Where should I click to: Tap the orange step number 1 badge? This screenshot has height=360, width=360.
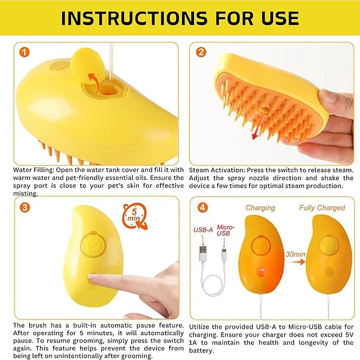24,52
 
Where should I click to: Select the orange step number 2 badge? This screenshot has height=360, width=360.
201,52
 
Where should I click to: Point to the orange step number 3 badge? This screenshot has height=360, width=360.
25,208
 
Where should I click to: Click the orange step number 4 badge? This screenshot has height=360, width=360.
203,208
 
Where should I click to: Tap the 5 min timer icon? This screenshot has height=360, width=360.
135,216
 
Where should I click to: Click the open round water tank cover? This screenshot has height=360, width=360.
88,65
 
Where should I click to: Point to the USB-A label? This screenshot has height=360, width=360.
203,230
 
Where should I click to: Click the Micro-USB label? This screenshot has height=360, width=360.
225,230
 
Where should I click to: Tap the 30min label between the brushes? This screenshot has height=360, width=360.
295,254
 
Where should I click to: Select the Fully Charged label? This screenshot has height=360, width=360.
322,208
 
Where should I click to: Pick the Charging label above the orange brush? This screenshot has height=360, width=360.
260,208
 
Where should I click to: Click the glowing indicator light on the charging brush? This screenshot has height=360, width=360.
261,272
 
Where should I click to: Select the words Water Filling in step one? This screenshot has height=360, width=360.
33,170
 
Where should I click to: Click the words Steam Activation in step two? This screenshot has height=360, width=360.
217,170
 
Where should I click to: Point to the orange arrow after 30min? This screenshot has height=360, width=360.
297,262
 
